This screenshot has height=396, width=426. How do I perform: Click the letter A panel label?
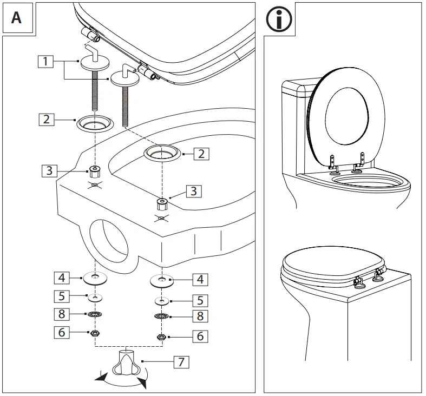tap(16, 17)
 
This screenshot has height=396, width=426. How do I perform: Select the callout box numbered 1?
tap(46, 62)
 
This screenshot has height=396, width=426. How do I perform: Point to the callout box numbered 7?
tap(181, 362)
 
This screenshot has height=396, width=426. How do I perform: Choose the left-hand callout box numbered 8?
tap(62, 314)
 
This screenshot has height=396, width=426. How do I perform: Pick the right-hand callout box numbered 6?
tap(200, 336)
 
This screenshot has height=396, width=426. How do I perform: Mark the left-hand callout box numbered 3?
tap(49, 171)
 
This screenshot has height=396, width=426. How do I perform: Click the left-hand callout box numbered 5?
tap(62, 296)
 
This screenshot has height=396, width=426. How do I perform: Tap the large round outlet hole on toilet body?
tap(109, 243)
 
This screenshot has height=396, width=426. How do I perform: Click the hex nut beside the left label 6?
tap(95, 333)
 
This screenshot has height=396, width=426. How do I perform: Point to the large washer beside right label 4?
tap(161, 281)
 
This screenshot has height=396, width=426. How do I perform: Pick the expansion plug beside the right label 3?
tap(161, 204)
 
